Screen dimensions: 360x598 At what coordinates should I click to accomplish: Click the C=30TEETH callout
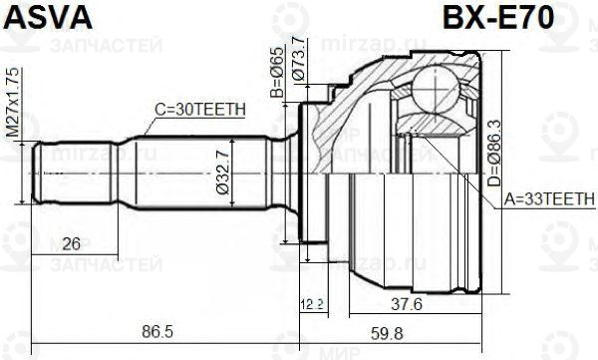(193, 112)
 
